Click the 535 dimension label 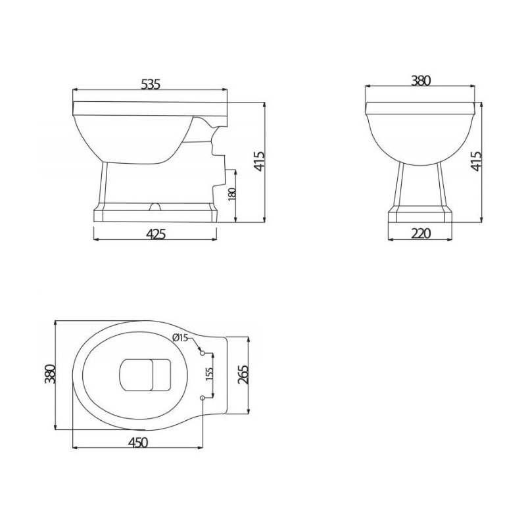[x=151, y=84]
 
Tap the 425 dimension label [x=156, y=234]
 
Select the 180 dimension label [x=233, y=195]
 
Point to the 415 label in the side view [x=260, y=161]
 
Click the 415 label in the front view [x=476, y=161]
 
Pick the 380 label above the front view [x=421, y=80]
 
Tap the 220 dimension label [x=420, y=233]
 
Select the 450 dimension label [x=138, y=442]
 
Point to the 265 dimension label [x=243, y=374]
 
